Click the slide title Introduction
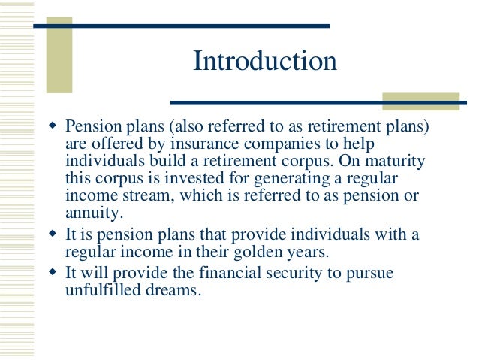click(x=265, y=62)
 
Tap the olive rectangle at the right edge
click(x=420, y=101)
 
